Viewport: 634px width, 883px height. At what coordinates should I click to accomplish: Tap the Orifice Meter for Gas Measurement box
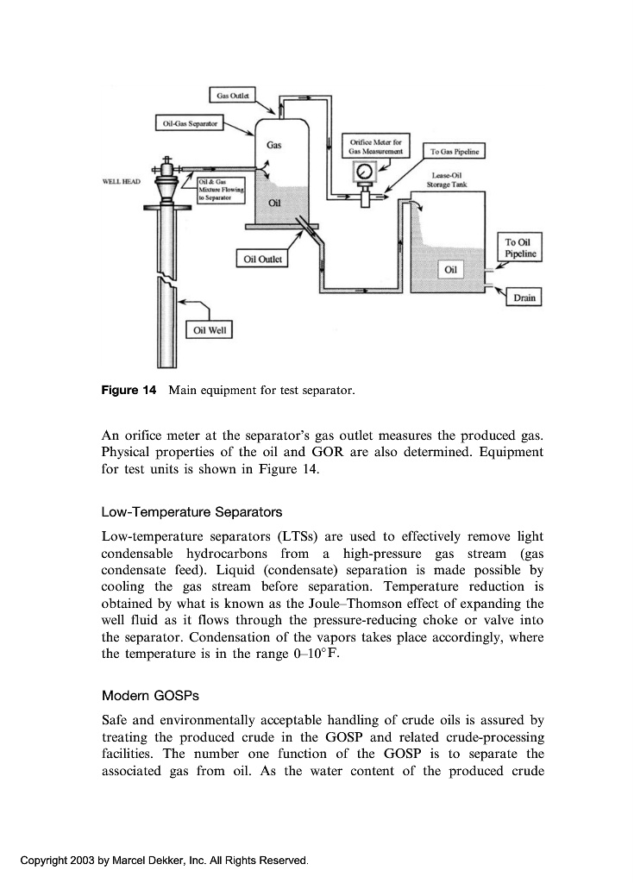tap(376, 147)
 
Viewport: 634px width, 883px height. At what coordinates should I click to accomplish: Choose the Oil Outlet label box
tap(262, 258)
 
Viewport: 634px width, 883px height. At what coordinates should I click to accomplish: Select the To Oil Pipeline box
tap(521, 247)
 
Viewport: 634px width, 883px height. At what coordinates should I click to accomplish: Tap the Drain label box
tap(524, 297)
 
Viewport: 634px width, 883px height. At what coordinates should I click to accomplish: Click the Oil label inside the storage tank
tap(449, 270)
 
